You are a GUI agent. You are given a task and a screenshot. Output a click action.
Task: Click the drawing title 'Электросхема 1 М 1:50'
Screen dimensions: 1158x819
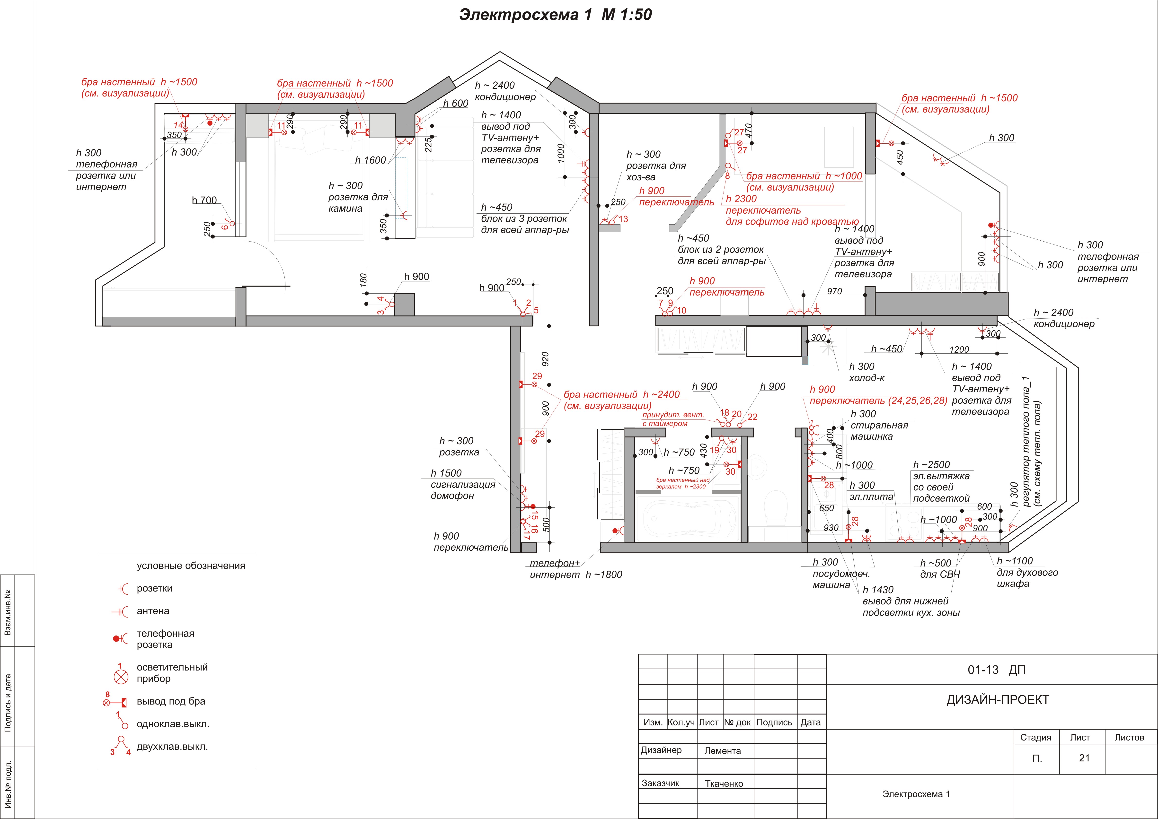555,15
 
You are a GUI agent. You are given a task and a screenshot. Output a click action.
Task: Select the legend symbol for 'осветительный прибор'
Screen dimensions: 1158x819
121,677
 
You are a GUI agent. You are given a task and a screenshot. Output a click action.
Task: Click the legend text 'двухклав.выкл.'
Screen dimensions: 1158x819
172,746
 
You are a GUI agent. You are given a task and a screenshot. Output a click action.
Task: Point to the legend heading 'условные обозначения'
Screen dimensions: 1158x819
191,566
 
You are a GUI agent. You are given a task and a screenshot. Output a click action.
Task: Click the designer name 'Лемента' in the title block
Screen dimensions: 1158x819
723,750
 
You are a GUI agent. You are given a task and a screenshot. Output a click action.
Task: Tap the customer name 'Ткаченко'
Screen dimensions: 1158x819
724,783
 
